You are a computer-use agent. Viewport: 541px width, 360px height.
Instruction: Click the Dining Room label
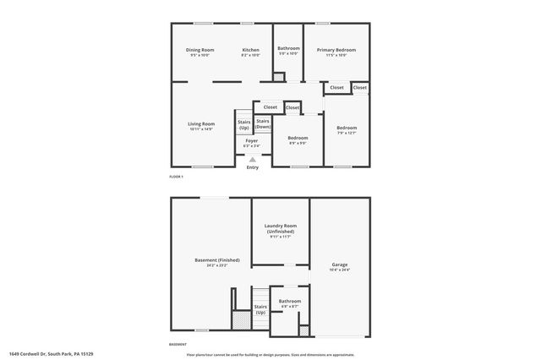[x=200, y=50]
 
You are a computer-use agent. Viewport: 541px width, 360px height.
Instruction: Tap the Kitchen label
[x=250, y=50]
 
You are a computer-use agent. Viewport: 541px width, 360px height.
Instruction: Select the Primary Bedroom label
[x=336, y=50]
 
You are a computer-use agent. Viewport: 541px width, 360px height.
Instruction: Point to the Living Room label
[x=201, y=124]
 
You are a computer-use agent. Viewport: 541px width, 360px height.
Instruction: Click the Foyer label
[x=252, y=140]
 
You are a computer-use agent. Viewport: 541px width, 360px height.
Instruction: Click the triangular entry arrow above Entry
[x=252, y=158]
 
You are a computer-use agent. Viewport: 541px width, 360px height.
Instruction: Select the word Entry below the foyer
[x=252, y=167]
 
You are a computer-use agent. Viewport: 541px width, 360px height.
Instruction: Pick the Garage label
[x=340, y=265]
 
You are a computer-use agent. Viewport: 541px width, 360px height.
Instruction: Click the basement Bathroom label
[x=291, y=301]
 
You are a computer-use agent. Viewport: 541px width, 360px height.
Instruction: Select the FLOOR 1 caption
[x=176, y=177]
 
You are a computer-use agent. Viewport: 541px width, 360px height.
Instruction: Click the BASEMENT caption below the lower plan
[x=178, y=344]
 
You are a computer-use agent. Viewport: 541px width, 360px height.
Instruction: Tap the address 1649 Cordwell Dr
[x=50, y=354]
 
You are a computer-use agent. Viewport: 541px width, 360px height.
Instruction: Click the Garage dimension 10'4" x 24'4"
[x=340, y=270]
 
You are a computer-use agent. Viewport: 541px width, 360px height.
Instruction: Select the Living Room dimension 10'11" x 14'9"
[x=201, y=129]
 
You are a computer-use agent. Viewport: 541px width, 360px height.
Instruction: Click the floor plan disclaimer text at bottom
[x=270, y=354]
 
